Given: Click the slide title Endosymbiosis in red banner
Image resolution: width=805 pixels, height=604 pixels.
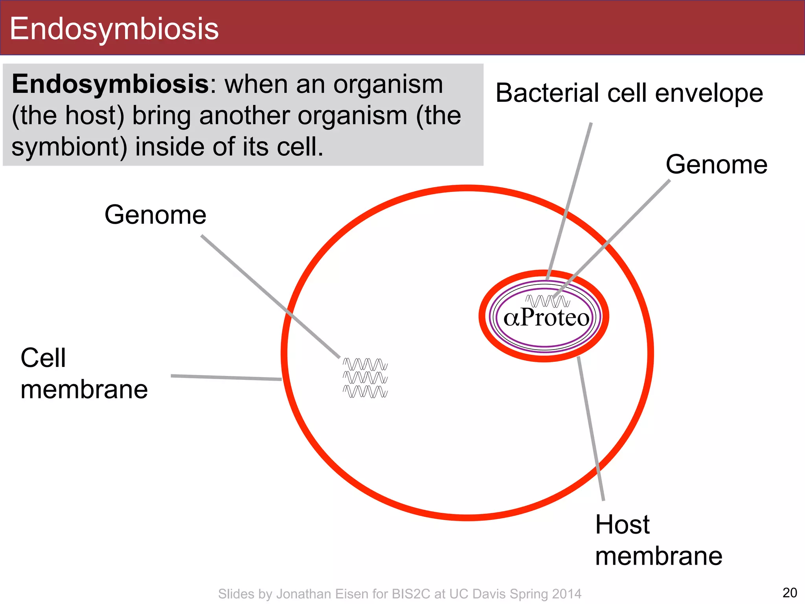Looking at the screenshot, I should [x=114, y=29].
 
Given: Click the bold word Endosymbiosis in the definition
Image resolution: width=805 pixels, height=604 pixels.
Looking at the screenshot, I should [x=110, y=84].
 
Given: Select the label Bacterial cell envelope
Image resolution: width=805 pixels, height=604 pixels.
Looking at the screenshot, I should [x=629, y=93].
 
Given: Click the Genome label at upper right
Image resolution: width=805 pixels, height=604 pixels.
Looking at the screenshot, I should [x=716, y=164].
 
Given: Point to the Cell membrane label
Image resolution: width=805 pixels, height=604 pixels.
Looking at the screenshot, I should [x=83, y=374].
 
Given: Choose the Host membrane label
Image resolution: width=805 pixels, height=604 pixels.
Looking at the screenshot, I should [x=658, y=540].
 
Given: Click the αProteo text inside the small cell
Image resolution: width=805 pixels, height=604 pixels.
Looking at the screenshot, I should [x=546, y=318].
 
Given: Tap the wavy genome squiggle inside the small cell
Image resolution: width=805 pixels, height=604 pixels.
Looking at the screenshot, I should [x=547, y=301].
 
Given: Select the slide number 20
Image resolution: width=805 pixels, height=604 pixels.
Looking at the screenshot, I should [x=790, y=593].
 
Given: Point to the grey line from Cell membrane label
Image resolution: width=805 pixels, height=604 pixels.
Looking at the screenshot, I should [x=226, y=377].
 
